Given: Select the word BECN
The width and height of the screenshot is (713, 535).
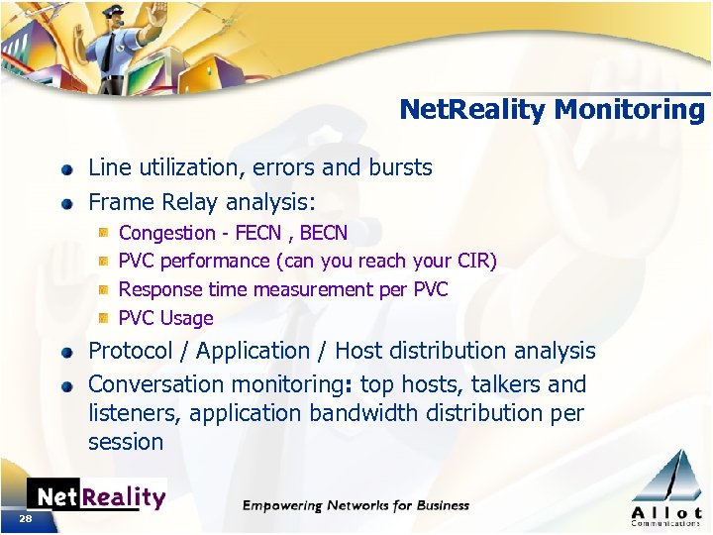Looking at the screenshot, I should pyautogui.click(x=324, y=233).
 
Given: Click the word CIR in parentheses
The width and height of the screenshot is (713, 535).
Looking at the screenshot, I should pyautogui.click(x=470, y=261).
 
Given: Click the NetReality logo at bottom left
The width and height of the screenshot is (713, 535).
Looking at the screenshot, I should pyautogui.click(x=96, y=496).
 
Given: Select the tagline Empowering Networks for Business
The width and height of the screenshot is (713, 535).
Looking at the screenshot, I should pyautogui.click(x=356, y=505).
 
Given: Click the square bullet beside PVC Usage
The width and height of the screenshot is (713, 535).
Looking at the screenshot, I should pyautogui.click(x=103, y=319).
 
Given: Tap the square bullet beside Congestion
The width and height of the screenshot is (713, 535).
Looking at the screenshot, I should pyautogui.click(x=103, y=234).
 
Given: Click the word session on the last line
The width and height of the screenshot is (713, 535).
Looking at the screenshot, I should pyautogui.click(x=126, y=442).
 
